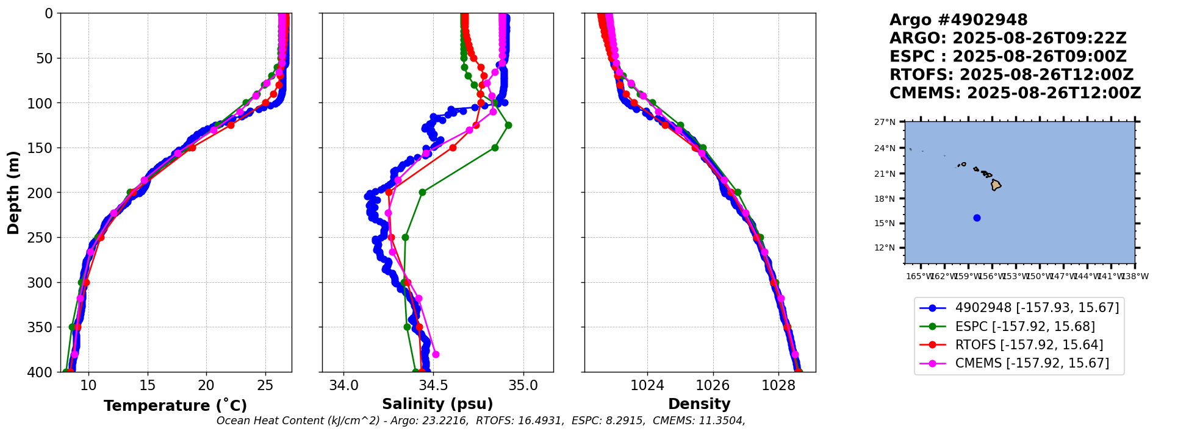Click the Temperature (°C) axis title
[175, 406]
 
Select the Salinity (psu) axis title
[437, 404]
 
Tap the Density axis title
[699, 404]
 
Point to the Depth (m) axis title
[13, 193]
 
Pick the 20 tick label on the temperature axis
[206, 385]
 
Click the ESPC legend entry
[1025, 327]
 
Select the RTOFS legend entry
[1029, 345]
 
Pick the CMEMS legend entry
[1032, 363]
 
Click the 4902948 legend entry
[1037, 308]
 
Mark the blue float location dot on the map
[977, 218]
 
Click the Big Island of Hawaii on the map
[996, 185]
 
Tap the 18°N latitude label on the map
[885, 199]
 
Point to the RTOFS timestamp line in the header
[1011, 75]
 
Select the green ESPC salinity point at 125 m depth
[508, 125]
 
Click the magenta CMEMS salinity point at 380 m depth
[436, 354]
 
